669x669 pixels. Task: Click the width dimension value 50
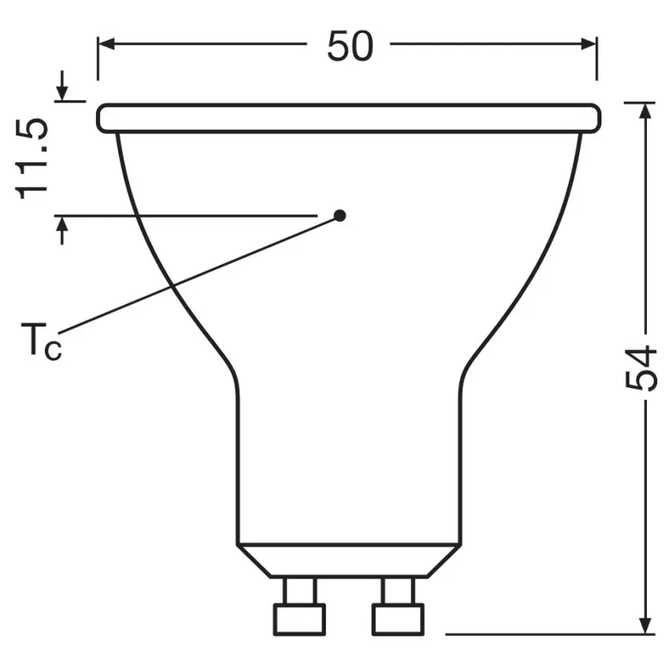350,46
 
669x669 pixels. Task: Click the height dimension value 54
640,368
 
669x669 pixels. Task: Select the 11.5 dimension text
31,159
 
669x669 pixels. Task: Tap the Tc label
42,341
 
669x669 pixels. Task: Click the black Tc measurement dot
340,216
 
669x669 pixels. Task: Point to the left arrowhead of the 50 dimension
106,43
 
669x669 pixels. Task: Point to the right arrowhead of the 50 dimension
589,43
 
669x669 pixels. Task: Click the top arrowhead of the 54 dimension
646,111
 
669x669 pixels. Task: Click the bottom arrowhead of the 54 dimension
646,626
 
